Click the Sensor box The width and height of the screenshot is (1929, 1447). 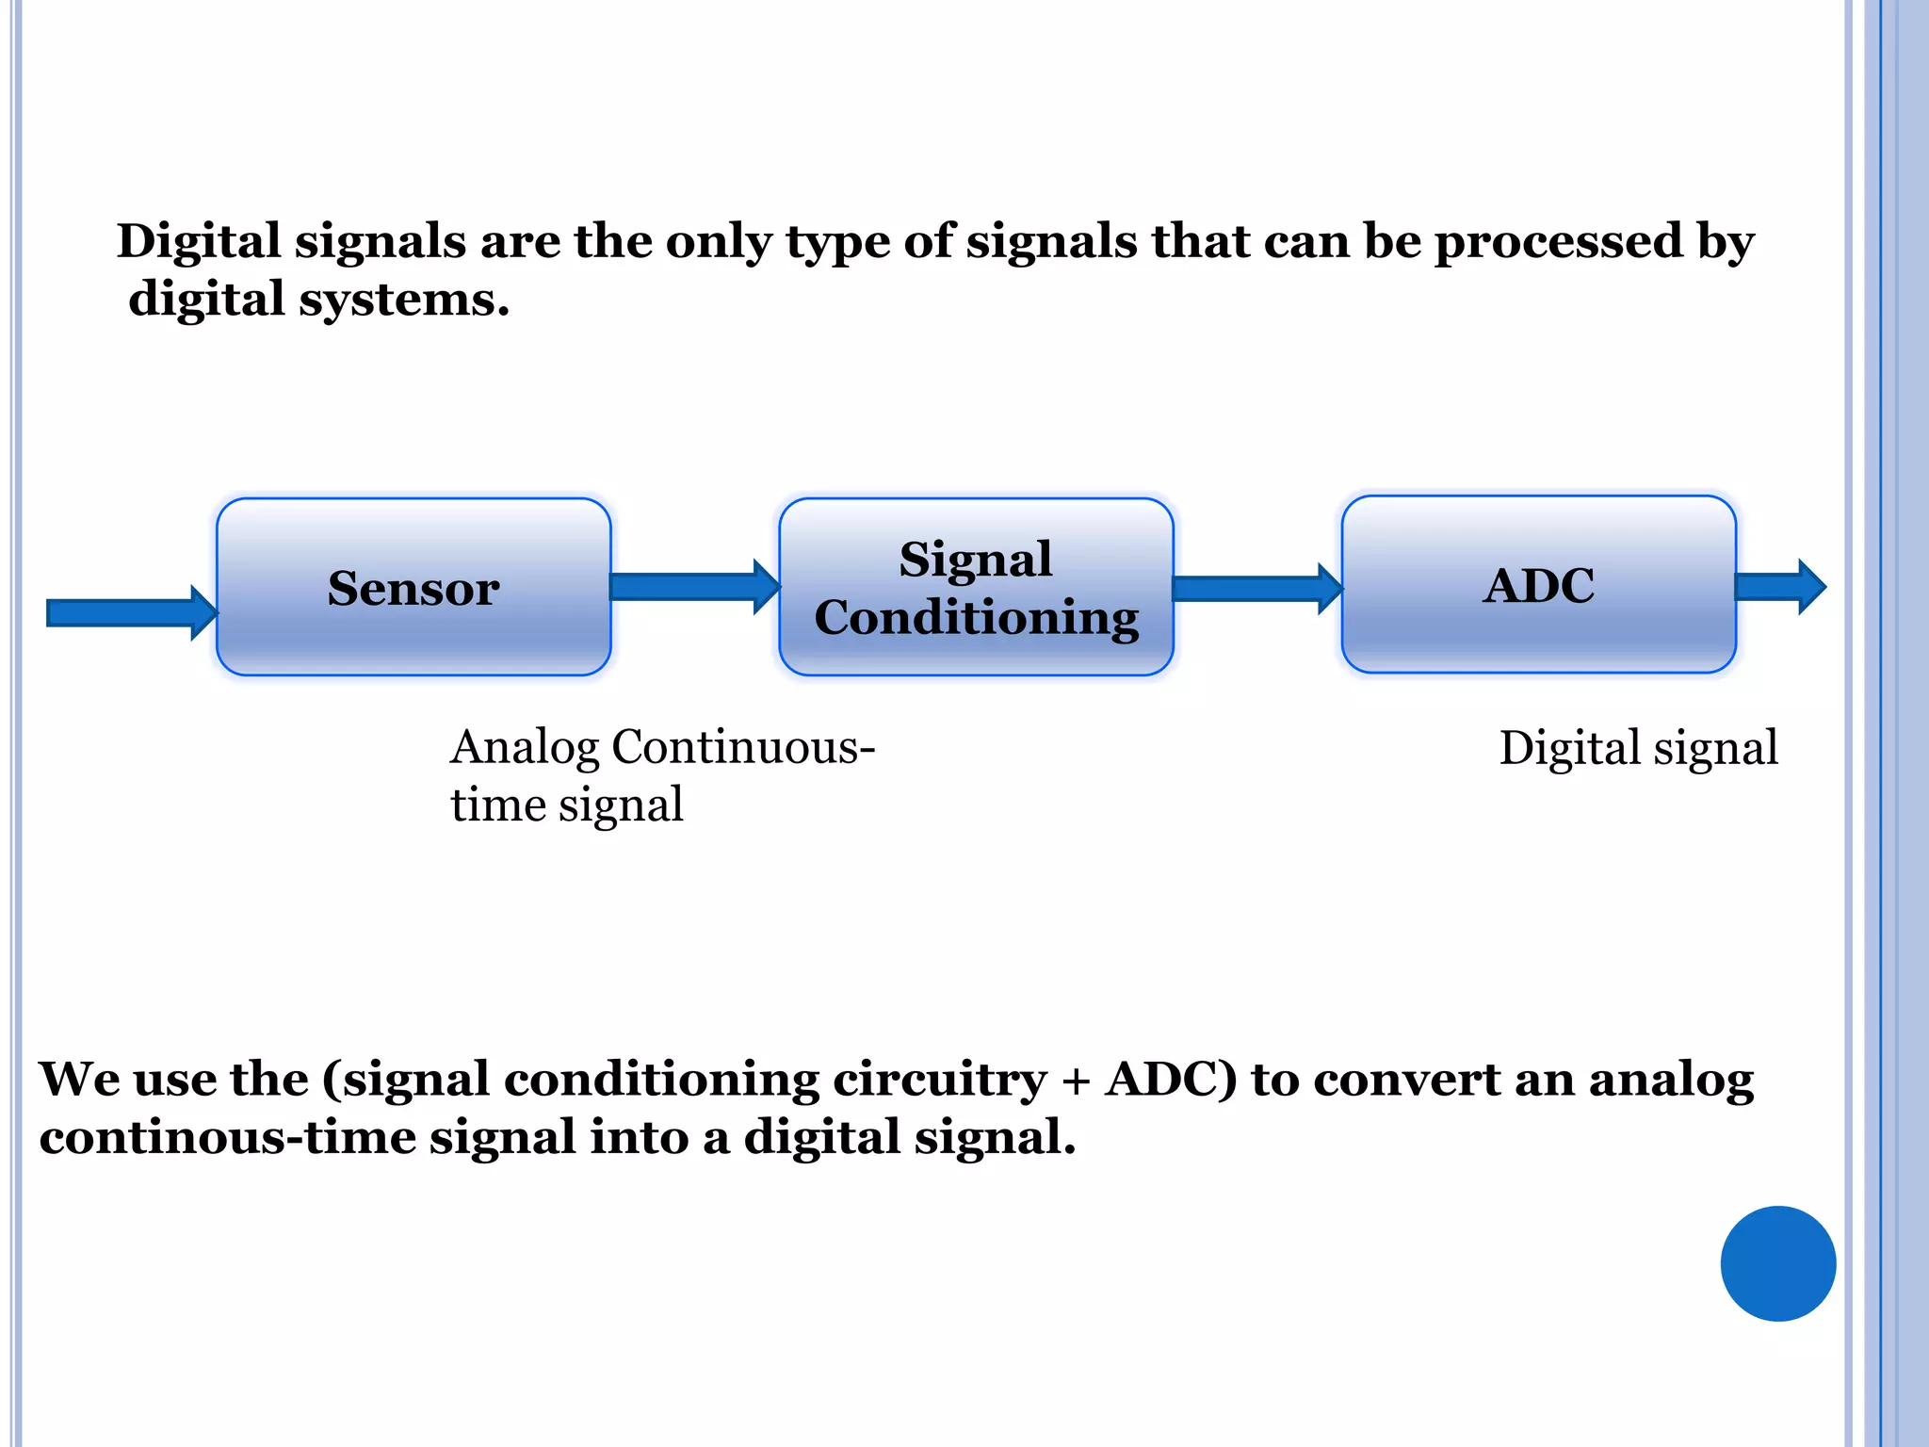pos(413,587)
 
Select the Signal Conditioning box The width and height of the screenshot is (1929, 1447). pos(976,587)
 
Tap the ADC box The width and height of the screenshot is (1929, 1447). pos(1538,584)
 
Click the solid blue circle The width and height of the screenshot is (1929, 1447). pos(1777,1263)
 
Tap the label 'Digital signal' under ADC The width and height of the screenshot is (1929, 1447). pos(1638,748)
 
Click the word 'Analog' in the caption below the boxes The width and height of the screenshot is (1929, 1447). pos(524,748)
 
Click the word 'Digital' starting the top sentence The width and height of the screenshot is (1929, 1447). pos(199,241)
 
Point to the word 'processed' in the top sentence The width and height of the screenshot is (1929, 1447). pos(1557,241)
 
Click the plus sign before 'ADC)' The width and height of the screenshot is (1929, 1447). pos(1076,1081)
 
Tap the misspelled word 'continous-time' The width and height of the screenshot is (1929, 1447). pos(226,1137)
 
